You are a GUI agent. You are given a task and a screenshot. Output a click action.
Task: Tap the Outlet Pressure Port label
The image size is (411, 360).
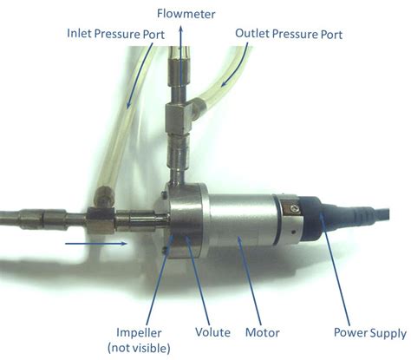[x=288, y=34]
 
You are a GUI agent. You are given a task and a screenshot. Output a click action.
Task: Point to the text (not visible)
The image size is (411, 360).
[x=140, y=348]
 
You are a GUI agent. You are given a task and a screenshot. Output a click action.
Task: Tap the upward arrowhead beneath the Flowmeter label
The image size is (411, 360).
[x=180, y=31]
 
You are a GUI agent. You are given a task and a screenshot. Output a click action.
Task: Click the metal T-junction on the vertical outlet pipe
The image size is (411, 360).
[x=180, y=114]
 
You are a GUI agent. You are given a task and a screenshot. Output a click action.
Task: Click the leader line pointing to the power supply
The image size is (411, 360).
[x=342, y=278]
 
